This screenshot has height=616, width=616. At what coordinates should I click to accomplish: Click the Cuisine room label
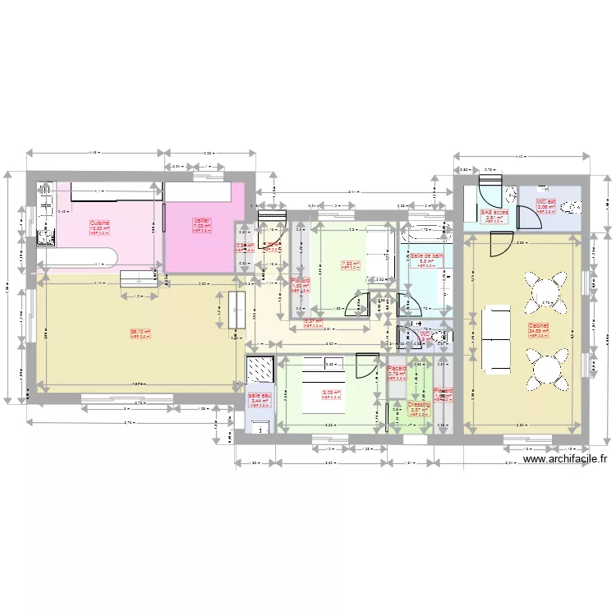100,222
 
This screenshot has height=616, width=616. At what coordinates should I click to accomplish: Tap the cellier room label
202,221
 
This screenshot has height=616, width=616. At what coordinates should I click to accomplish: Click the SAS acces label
494,212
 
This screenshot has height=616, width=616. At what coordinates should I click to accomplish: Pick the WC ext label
546,201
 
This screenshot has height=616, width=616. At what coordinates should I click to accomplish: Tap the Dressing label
419,405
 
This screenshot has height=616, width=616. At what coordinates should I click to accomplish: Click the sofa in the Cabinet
498,337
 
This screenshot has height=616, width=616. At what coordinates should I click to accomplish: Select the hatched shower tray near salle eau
262,370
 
